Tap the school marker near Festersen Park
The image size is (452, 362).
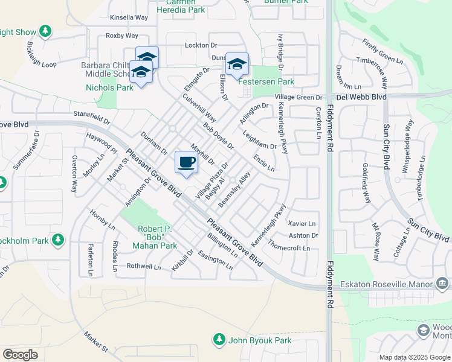pos(237,64)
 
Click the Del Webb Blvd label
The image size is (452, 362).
pos(360,97)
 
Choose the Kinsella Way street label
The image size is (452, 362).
pos(129,17)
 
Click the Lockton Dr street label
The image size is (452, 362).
pos(201,45)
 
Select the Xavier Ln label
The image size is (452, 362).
pos(303,223)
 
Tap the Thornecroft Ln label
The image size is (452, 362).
pos(289,247)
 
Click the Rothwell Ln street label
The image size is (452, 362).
pos(144,266)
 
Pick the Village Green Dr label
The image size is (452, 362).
pos(299,97)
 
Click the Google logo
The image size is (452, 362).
pos(20,355)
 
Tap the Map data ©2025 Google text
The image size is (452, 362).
pos(414,357)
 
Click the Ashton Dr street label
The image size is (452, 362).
pos(303,235)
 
